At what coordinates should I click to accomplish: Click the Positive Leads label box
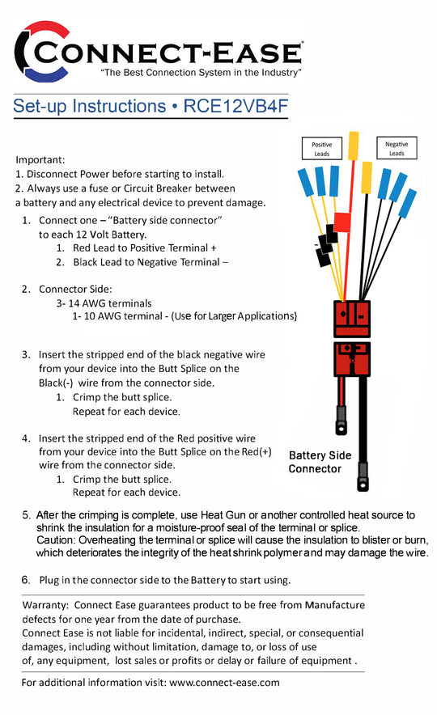[321, 148]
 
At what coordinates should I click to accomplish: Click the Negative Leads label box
[397, 148]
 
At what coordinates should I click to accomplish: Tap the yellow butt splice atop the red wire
[353, 146]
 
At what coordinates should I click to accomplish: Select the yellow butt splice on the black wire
[367, 177]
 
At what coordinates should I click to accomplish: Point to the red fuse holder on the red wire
[342, 222]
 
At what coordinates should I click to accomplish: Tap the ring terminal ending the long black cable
[363, 477]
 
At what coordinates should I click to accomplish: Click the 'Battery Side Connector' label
[320, 462]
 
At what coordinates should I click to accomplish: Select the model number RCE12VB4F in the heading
[235, 106]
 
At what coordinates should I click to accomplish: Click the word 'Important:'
[40, 159]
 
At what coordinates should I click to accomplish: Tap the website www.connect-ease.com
[224, 683]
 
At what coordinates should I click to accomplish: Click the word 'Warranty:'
[45, 605]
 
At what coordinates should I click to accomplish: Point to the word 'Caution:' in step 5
[56, 540]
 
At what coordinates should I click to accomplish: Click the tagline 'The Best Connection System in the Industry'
[201, 73]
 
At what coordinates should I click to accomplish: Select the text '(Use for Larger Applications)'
[234, 316]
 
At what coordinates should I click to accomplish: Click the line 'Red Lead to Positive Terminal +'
[145, 248]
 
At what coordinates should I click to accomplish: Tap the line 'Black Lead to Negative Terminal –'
[151, 262]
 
